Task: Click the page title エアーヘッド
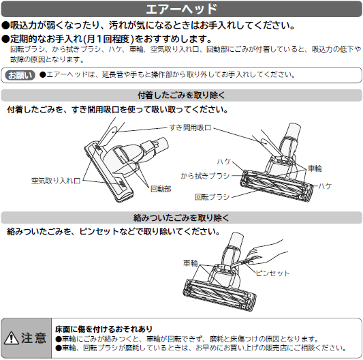point(181,9)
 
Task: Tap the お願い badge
point(20,75)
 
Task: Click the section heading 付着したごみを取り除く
point(181,95)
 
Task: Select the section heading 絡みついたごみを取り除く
point(181,217)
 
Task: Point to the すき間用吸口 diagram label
point(190,127)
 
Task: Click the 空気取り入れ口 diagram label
point(56,181)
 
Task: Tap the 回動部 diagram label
point(161,189)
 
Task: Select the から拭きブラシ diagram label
point(205,176)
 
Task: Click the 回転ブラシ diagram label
point(212,197)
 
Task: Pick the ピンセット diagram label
point(272,273)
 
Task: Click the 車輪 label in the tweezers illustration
point(191,263)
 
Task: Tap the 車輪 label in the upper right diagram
point(315,168)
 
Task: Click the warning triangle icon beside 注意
point(12,338)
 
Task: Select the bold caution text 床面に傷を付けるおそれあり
point(104,329)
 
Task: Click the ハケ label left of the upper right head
point(224,162)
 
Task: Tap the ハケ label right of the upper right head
point(325,186)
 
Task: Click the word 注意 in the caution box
point(34,338)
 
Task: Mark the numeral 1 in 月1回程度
point(99,39)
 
